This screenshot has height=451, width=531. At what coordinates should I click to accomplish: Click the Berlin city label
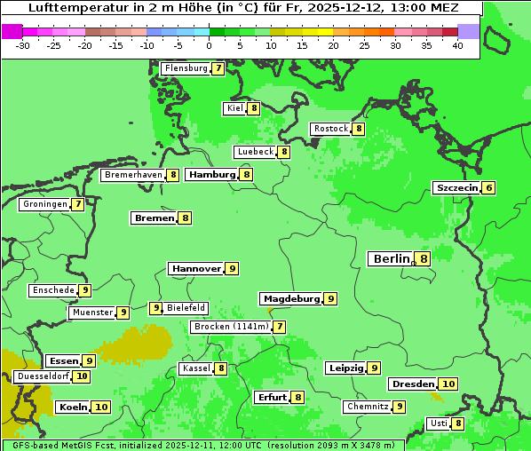point(391,258)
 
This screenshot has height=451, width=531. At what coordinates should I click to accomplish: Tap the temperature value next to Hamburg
point(246,175)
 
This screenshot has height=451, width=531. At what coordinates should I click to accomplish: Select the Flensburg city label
point(186,68)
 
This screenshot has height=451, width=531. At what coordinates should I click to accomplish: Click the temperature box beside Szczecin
point(488,188)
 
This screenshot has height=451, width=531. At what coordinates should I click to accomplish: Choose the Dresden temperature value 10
point(448,384)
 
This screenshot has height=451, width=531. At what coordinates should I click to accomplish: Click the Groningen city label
point(44,204)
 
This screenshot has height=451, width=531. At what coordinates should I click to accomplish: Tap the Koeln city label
point(73,407)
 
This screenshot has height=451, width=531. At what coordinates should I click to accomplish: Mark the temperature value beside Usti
point(458,423)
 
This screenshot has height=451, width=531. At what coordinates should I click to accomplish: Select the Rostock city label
point(331,129)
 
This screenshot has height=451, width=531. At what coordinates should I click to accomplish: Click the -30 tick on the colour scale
point(23,44)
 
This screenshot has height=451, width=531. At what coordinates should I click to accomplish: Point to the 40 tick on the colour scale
point(457,44)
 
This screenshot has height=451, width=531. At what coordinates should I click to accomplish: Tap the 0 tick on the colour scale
point(210,44)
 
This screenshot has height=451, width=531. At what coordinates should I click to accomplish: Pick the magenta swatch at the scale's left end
point(12,31)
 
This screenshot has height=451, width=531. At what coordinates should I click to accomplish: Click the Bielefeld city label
point(186,308)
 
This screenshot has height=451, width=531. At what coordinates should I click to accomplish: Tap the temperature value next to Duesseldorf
point(82,376)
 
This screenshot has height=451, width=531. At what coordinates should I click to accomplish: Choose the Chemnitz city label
point(368,407)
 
